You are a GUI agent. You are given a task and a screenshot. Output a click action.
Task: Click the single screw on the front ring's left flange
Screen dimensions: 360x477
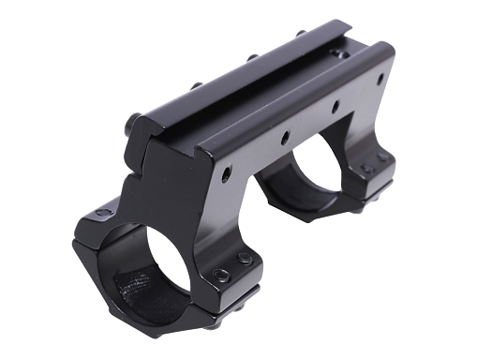pyautogui.click(x=102, y=214)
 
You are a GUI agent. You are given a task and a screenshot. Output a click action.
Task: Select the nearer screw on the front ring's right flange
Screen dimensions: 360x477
pyautogui.click(x=221, y=276)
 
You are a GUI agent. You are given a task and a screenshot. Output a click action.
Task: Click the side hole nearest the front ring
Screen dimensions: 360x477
pyautogui.click(x=226, y=173)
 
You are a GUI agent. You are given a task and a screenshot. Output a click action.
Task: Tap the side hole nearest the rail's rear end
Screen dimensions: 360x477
pyautogui.click(x=380, y=79)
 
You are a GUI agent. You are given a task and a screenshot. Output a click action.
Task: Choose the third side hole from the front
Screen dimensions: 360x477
pyautogui.click(x=335, y=106)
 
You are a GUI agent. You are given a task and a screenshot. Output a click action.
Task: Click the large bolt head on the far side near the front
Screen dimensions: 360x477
pyautogui.click(x=134, y=121)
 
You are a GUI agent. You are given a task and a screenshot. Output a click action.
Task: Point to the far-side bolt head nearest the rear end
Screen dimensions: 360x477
pyautogui.click(x=300, y=35)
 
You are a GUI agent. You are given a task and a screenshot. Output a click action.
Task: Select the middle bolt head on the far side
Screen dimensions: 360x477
pyautogui.click(x=252, y=59)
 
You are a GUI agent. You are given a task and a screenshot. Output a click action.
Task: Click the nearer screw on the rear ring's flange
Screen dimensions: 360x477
pyautogui.click(x=366, y=169)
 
